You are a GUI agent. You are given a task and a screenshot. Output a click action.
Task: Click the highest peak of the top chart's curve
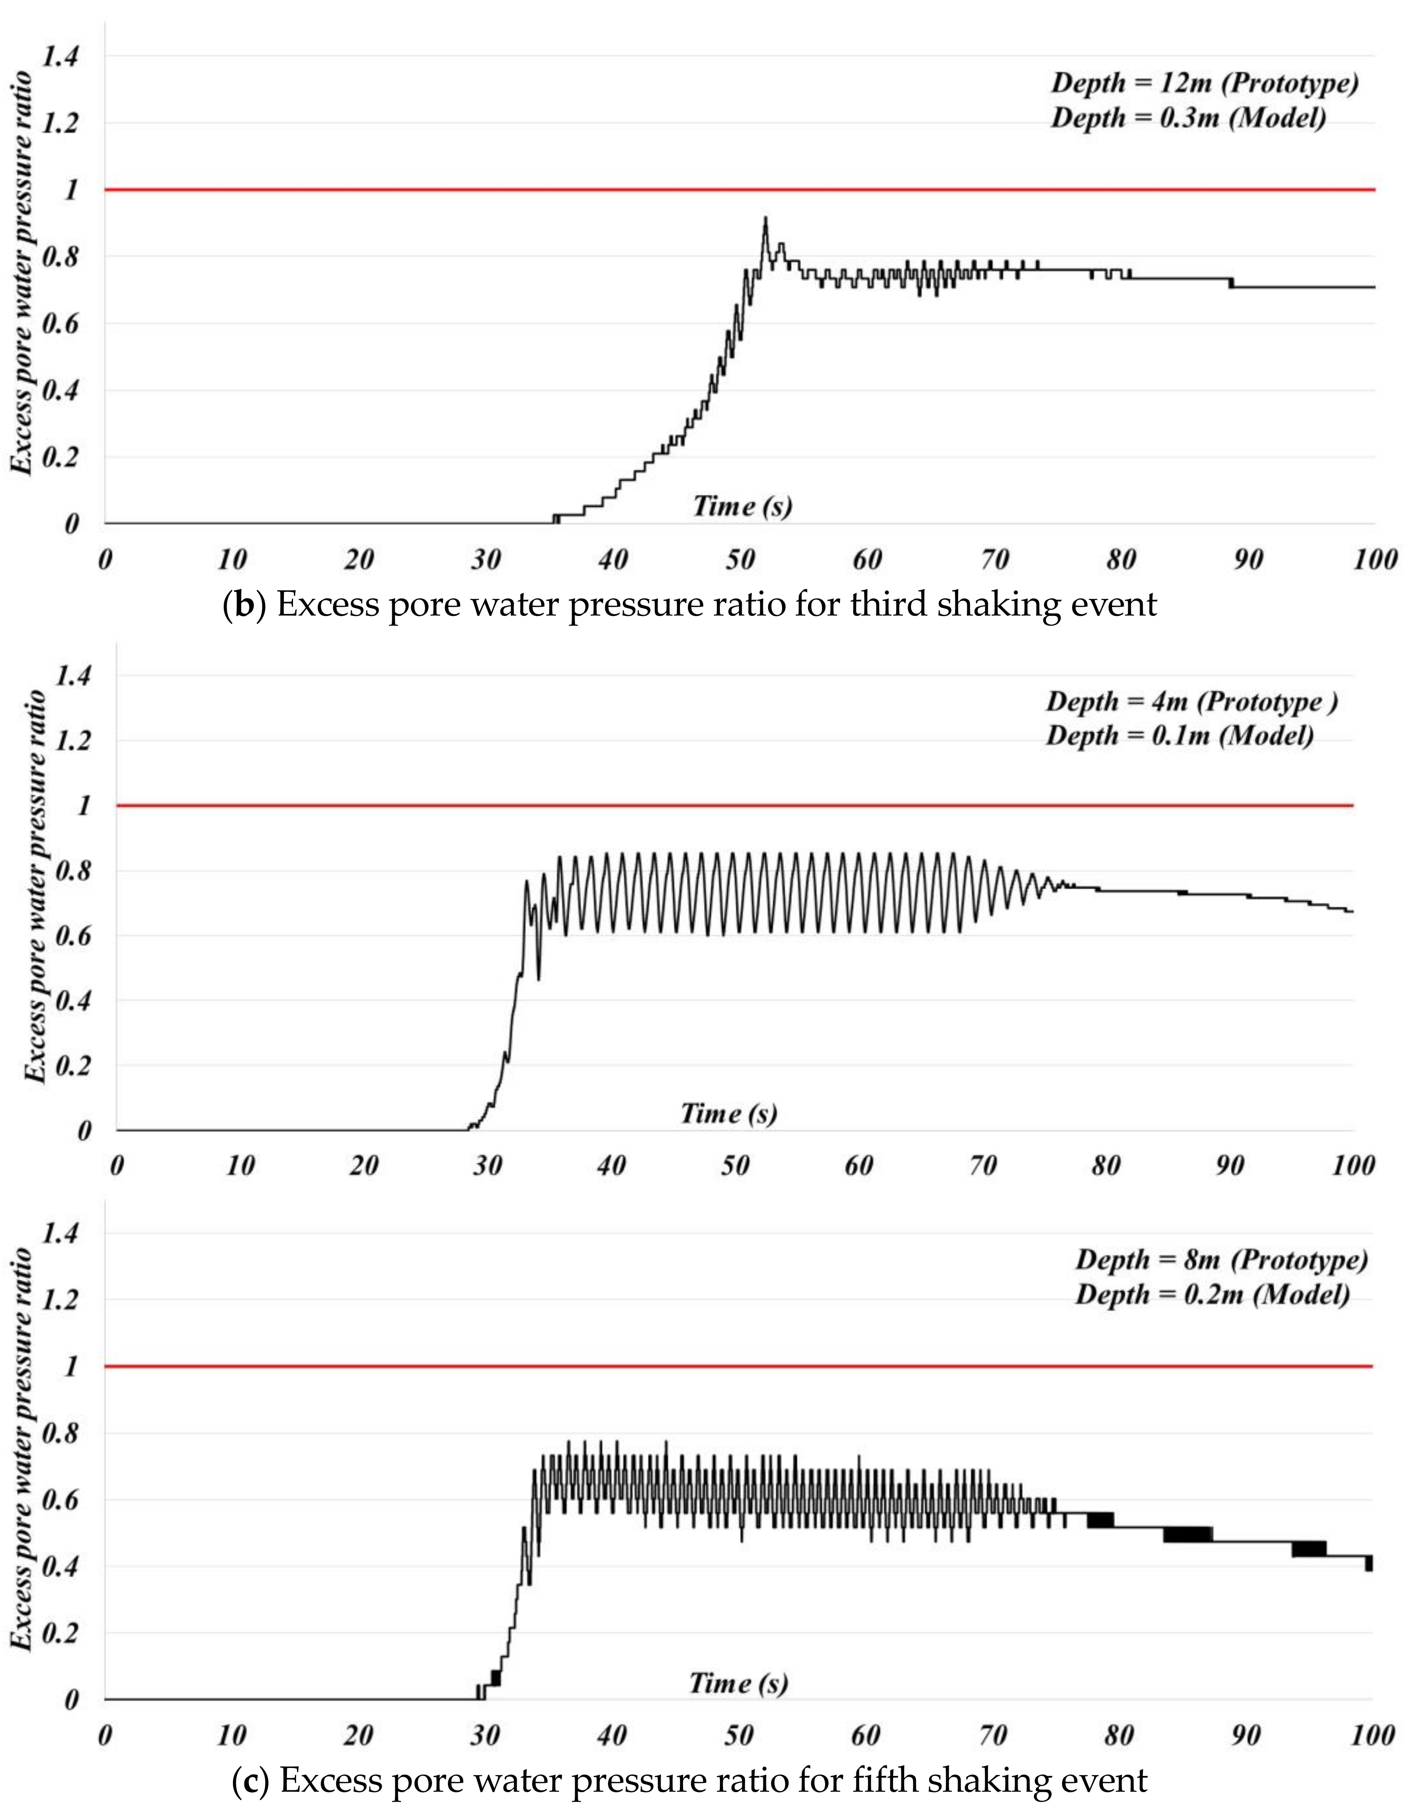coord(765,218)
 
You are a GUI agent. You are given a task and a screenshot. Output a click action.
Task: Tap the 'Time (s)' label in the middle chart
coord(729,1113)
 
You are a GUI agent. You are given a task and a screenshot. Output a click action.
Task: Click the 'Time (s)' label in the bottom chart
coord(738,1683)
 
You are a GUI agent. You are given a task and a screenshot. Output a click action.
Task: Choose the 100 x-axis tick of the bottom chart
coord(1372,1736)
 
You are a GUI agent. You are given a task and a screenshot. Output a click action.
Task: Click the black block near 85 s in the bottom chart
coord(1187,1534)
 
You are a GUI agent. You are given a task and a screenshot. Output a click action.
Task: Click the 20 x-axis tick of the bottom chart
coord(358,1736)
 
